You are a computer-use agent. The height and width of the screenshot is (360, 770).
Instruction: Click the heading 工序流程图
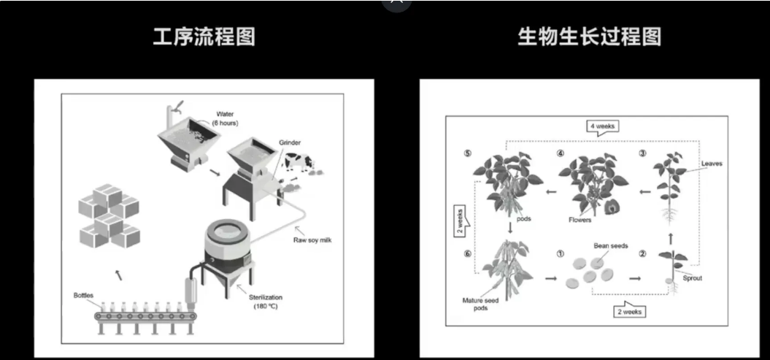pos(204,37)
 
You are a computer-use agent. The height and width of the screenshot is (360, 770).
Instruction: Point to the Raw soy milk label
pos(312,240)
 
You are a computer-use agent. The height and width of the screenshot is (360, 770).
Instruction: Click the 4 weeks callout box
pos(603,126)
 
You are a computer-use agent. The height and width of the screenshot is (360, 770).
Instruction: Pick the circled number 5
pos(469,154)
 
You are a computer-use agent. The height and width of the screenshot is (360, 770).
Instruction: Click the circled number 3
pos(642,153)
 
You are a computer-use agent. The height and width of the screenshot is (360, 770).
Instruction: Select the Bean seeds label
pos(611,246)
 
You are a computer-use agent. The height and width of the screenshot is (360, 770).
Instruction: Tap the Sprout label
pos(691,278)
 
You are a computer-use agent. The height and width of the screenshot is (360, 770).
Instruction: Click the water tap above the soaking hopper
pos(175,107)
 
